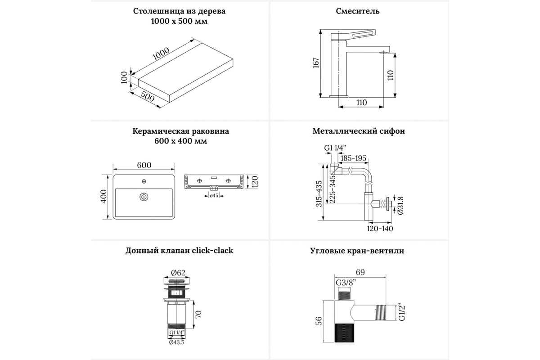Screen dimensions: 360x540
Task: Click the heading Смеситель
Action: tap(358, 11)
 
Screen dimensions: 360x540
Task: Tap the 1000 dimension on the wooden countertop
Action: tap(161, 54)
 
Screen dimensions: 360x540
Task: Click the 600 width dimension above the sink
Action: tap(144, 165)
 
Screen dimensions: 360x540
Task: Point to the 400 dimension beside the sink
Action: tap(103, 197)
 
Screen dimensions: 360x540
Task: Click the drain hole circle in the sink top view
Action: tap(144, 197)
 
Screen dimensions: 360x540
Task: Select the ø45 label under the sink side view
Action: tap(214, 195)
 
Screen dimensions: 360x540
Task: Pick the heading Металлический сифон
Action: tap(359, 131)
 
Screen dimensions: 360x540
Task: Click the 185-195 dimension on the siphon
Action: tap(353, 158)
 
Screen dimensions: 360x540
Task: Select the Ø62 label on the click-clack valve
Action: tap(179, 272)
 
